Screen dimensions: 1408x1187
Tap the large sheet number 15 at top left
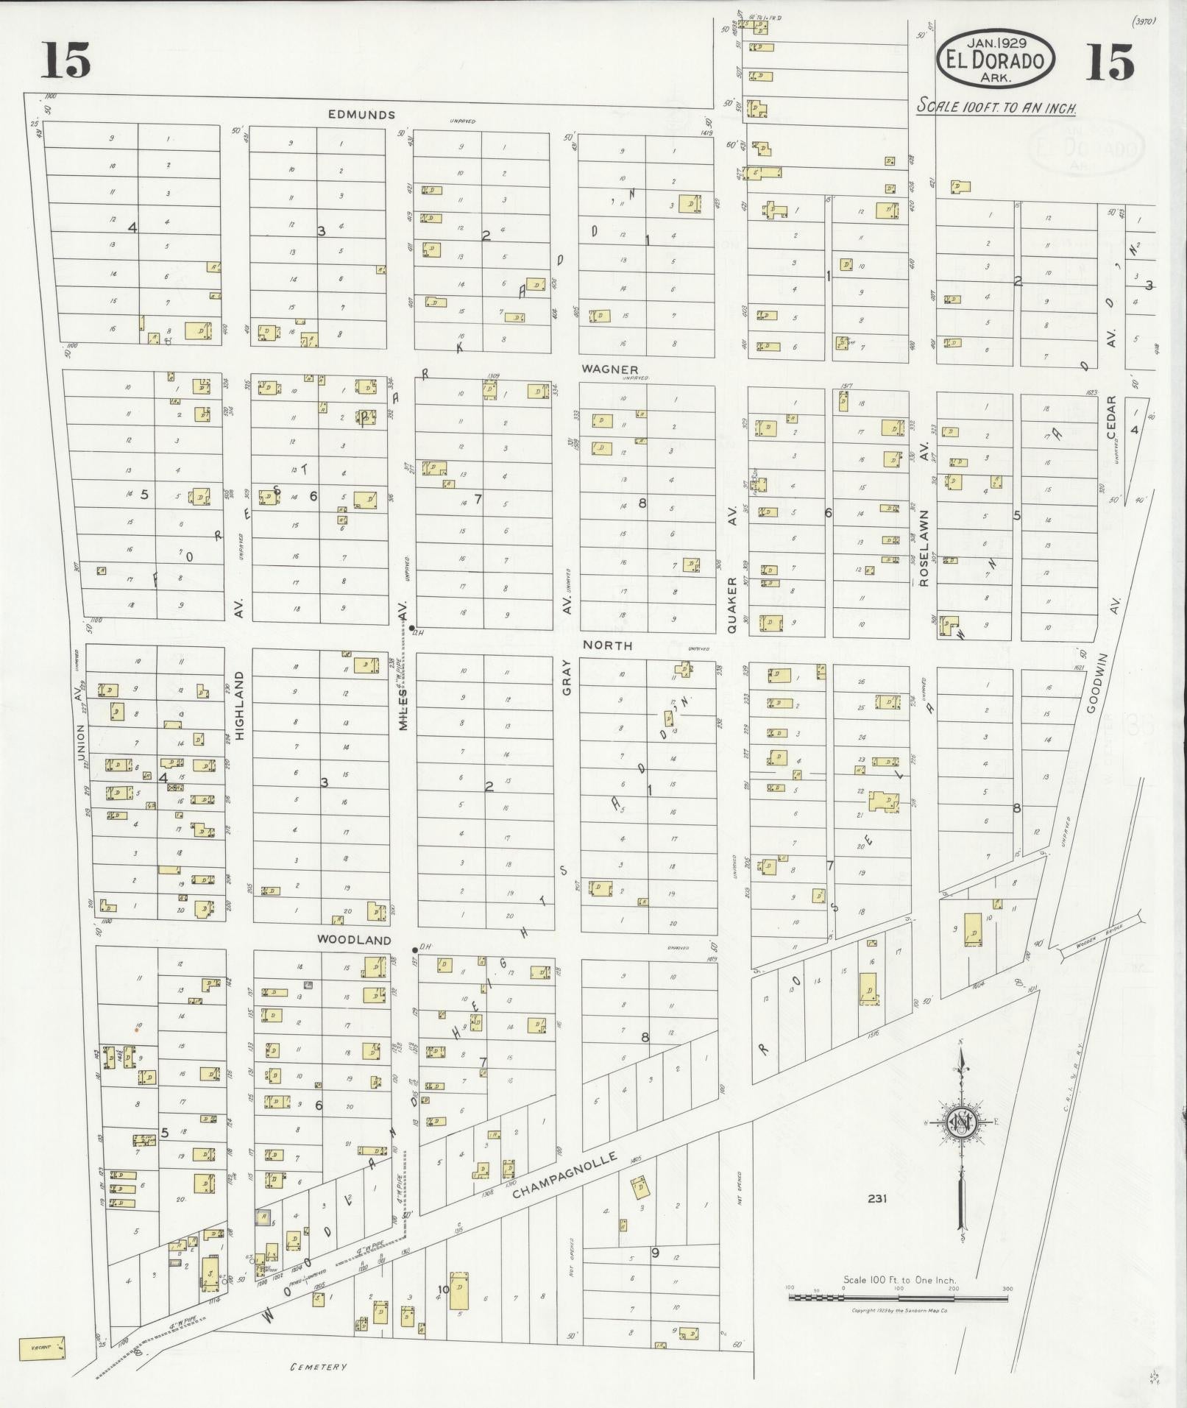pyautogui.click(x=65, y=60)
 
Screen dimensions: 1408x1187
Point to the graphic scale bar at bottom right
pyautogui.click(x=898, y=1297)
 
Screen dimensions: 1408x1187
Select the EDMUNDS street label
pyautogui.click(x=361, y=115)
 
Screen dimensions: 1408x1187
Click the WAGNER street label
pyautogui.click(x=609, y=369)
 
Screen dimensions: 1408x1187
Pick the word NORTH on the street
pyautogui.click(x=608, y=645)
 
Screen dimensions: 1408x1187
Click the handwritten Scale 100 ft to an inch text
pyautogui.click(x=996, y=107)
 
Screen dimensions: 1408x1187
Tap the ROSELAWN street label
pyautogui.click(x=924, y=548)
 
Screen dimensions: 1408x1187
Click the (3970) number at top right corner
pyautogui.click(x=1145, y=21)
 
